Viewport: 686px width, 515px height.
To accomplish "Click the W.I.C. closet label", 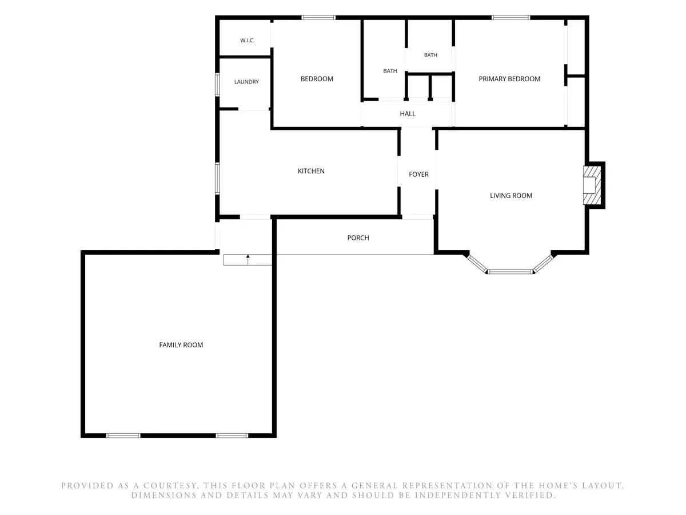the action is point(247,40).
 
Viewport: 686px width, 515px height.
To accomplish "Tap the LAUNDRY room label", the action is point(246,82).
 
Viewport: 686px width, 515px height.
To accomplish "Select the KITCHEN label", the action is point(311,171).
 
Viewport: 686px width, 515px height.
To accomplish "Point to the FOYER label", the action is point(418,174).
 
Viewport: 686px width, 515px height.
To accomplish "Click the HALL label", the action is point(408,113).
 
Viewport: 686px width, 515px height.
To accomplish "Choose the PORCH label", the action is point(358,237).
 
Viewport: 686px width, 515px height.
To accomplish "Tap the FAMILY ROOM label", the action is point(181,344).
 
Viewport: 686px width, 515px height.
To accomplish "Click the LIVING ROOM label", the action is point(511,196).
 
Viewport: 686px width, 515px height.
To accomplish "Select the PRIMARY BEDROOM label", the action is point(509,79).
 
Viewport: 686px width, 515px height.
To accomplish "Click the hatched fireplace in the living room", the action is point(592,185).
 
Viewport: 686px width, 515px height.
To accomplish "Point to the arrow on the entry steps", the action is point(248,260).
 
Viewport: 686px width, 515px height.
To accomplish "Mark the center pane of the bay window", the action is point(510,272).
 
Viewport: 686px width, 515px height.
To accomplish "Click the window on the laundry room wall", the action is point(217,85).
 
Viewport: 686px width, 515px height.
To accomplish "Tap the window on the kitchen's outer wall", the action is point(217,179).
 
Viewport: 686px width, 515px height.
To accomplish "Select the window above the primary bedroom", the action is point(510,18).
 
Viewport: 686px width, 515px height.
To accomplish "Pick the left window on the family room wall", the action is point(123,435).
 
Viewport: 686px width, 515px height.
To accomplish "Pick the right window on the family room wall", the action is point(232,435).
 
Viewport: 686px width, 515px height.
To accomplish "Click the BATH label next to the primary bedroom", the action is point(430,55).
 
